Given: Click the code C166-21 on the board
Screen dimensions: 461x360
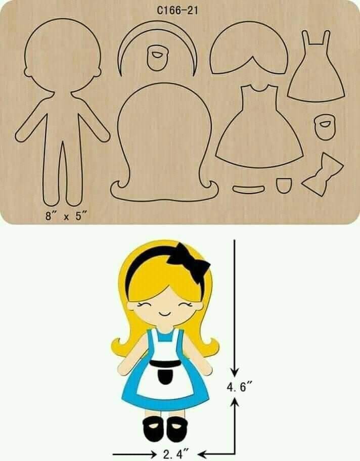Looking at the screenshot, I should (x=177, y=11).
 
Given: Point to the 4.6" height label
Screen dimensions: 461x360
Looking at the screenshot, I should (x=239, y=388).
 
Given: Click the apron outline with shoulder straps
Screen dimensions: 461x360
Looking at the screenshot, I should (x=313, y=71).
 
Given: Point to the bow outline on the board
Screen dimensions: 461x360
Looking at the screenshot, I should (x=322, y=175).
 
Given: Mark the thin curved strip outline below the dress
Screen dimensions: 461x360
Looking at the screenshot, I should (x=249, y=189).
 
